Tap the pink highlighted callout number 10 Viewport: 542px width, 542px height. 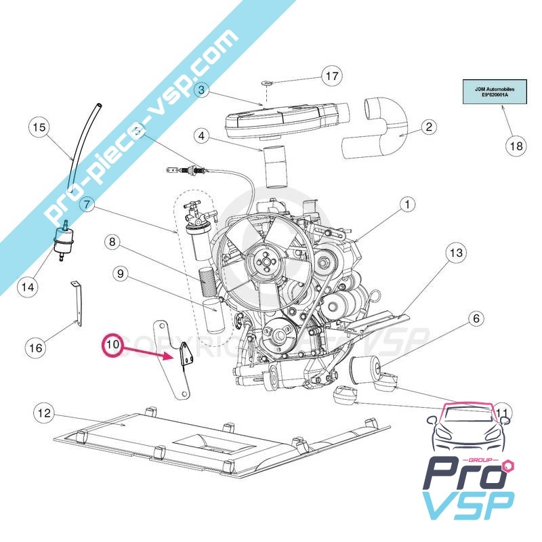pos(112,345)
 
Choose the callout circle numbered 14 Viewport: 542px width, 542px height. pos(27,287)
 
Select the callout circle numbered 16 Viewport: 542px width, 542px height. pos(35,348)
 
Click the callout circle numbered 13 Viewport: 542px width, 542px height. pos(455,253)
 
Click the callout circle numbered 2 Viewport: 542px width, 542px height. pos(428,127)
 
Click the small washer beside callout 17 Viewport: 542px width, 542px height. pos(266,83)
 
